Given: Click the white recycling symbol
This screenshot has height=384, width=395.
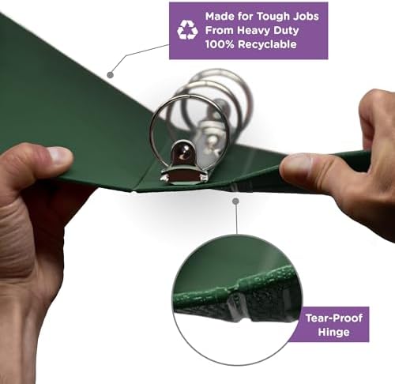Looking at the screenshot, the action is coord(187,30).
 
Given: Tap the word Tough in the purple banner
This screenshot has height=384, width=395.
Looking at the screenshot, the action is coord(272,17).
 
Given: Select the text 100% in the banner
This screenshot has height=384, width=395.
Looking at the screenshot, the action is coord(220,44).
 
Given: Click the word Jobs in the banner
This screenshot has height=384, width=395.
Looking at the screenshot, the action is coord(305,17).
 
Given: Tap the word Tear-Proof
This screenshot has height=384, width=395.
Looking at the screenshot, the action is coord(334,318).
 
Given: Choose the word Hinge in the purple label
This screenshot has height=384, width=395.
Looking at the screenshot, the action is coord(334,332).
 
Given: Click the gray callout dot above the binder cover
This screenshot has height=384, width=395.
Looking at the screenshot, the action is coord(111,75).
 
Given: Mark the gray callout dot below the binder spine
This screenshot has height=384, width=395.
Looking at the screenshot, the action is coord(235,201).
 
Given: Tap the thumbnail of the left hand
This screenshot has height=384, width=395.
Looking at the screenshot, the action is coord(60,154).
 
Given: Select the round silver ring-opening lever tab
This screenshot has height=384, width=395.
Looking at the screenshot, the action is coord(182,153).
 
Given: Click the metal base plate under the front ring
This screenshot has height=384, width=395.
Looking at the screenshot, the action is coord(184,176).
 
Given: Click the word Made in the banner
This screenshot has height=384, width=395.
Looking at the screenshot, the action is coord(220,17).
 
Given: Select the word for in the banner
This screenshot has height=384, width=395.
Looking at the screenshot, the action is coord(246,17).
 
